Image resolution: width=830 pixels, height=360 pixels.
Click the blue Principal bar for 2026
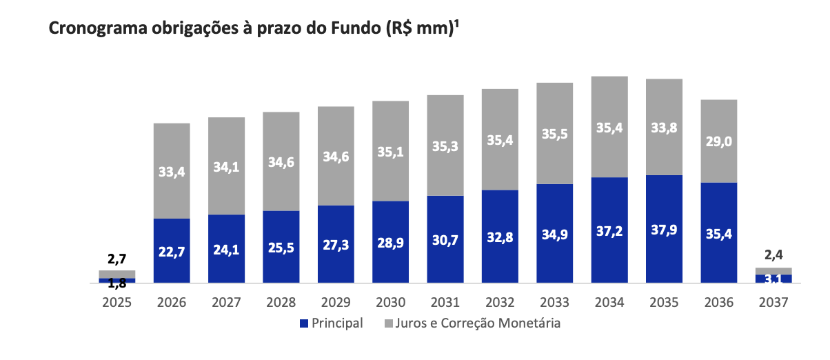[172, 250]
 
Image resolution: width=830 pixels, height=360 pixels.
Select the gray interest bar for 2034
[609, 126]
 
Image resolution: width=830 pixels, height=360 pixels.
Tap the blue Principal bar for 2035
[664, 229]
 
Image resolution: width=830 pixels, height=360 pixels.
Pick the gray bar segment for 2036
[718, 141]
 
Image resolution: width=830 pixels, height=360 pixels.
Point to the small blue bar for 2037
[773, 279]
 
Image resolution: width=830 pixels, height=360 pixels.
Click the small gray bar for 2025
[117, 274]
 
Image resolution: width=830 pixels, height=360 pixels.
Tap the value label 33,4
[172, 171]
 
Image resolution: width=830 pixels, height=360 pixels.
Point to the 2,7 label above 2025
[117, 259]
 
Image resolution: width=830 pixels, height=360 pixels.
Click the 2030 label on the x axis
[390, 302]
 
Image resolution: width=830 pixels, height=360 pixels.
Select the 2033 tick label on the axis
[554, 302]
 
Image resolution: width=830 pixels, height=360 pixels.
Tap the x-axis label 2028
[281, 302]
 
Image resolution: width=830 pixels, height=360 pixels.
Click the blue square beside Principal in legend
[304, 323]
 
